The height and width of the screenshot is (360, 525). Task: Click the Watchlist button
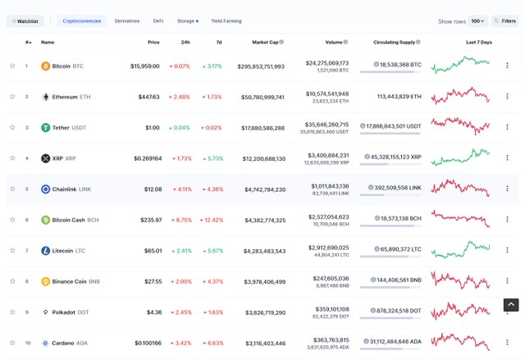[x=25, y=21]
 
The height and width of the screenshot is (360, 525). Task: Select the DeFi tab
[x=158, y=21]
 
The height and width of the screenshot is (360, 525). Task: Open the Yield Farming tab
[x=226, y=21]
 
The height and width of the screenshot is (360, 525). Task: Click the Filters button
[x=504, y=21]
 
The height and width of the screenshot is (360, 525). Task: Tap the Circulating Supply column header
[x=396, y=42]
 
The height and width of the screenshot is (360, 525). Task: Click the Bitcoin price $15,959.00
[x=144, y=66]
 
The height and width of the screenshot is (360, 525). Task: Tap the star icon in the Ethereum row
[x=12, y=97]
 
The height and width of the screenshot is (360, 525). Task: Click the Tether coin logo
[x=46, y=128]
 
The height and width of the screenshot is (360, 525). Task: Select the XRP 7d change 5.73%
[x=212, y=158]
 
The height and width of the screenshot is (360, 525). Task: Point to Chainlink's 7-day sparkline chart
[x=460, y=188]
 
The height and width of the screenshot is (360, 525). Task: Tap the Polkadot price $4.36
[x=153, y=312]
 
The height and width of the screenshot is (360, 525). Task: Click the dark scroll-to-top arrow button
[x=510, y=305]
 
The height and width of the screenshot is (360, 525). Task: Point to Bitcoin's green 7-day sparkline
[x=460, y=64]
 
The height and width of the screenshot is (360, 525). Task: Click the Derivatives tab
[x=127, y=21]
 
